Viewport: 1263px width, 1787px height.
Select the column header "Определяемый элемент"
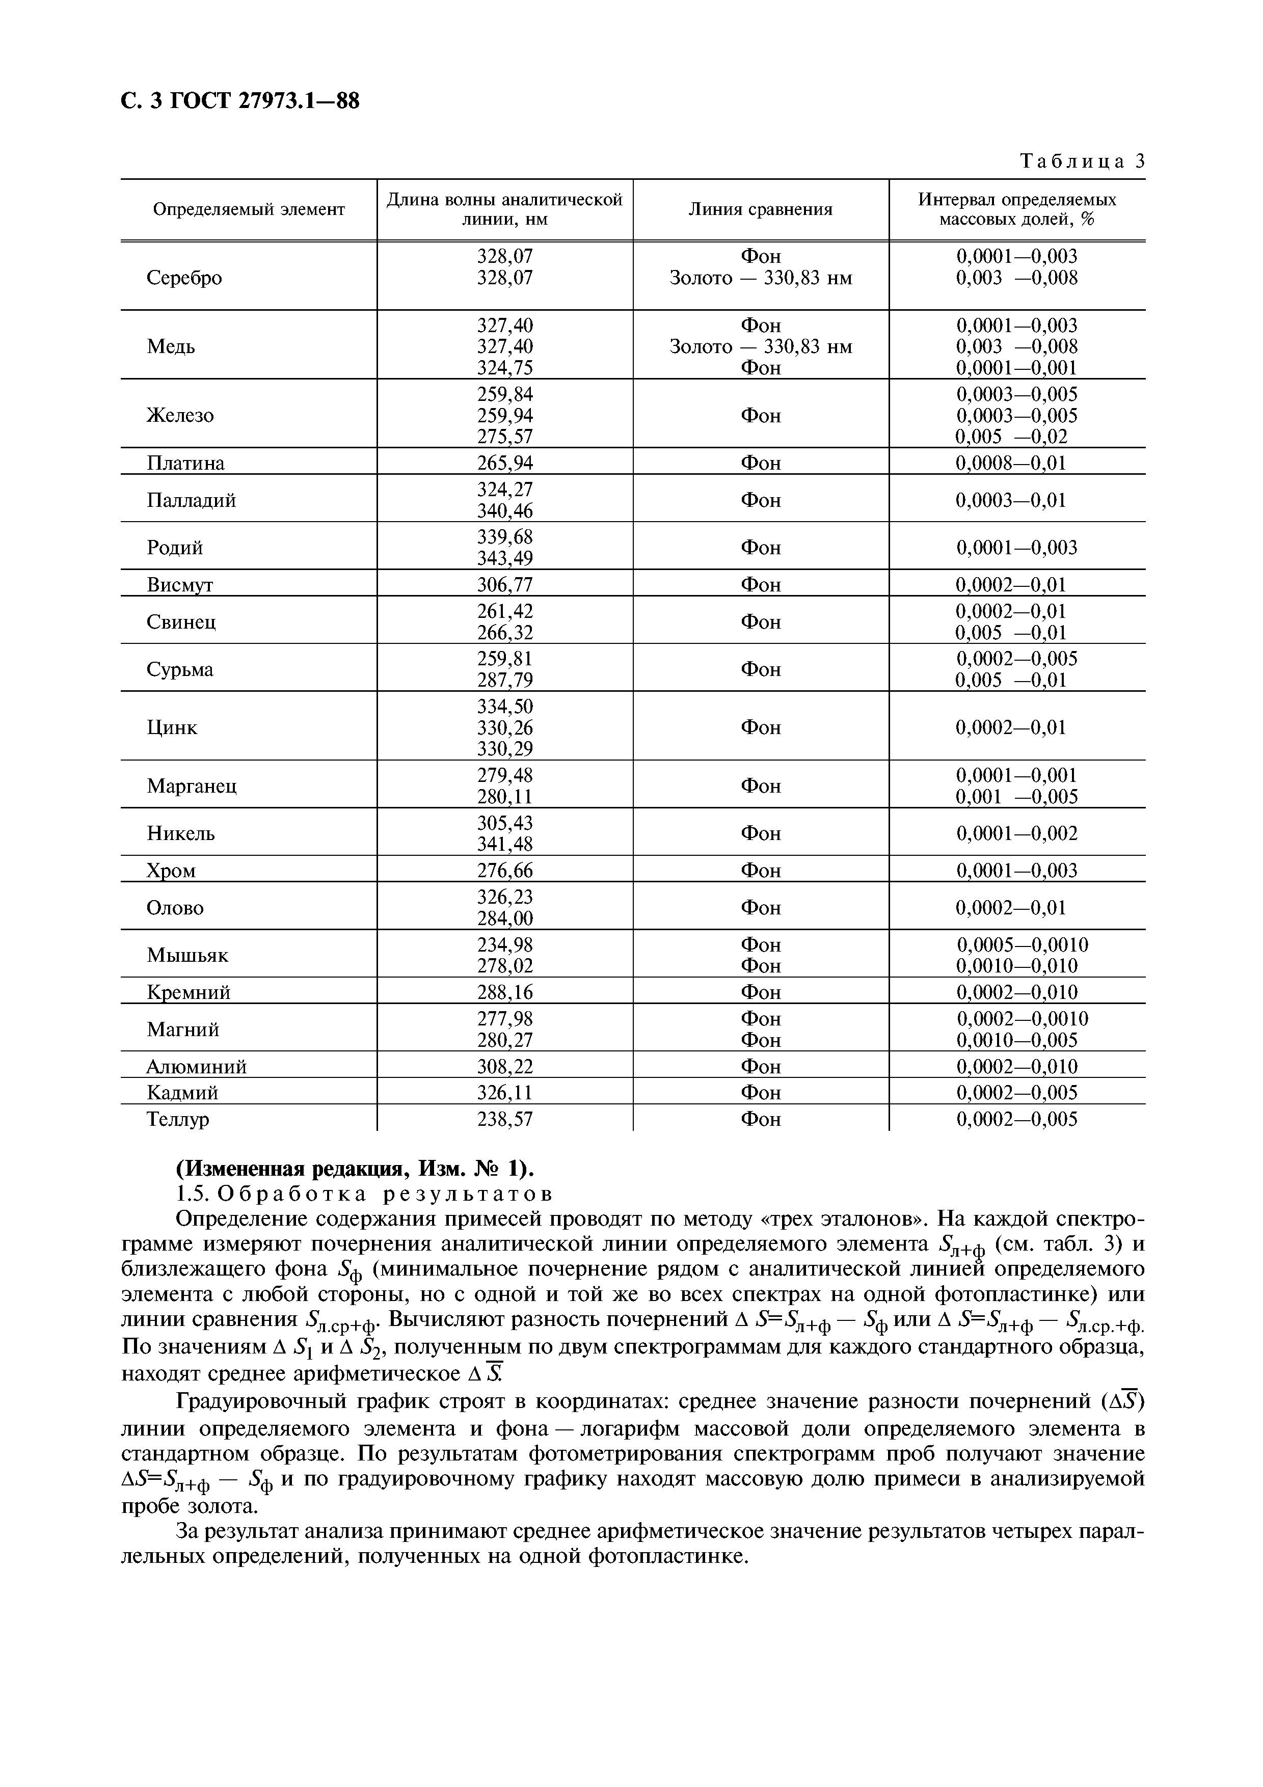pos(248,209)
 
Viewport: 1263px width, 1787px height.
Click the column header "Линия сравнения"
pos(760,209)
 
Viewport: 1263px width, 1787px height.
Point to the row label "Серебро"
pos(184,278)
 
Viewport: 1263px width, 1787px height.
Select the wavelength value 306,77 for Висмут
pos(505,584)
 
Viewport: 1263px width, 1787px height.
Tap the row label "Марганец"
pos(192,786)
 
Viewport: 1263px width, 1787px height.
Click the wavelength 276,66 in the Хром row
pos(505,870)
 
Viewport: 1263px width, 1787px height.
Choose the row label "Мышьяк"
pos(187,955)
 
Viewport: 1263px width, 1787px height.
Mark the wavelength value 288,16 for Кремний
pos(505,992)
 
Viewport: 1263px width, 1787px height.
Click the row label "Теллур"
pos(178,1119)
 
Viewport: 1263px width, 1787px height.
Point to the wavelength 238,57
pos(505,1119)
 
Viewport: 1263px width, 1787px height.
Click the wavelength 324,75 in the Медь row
pos(505,367)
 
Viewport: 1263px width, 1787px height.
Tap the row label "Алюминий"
pos(196,1066)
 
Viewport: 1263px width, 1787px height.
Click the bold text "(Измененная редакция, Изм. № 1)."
pos(356,1169)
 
